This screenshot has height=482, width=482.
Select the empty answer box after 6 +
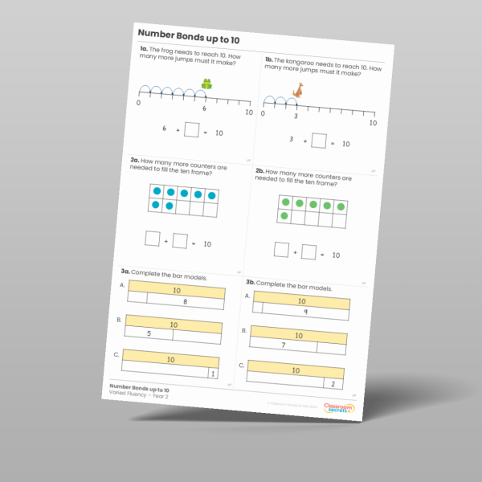pos(191,129)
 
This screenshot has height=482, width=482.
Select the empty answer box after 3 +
pos(319,141)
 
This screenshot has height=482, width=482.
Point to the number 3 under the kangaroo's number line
pos(296,116)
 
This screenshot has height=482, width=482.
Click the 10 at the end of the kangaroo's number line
pos(373,124)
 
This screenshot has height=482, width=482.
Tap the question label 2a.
pos(135,161)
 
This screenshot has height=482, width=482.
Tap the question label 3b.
pos(251,282)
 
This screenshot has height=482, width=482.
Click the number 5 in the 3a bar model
pos(149,333)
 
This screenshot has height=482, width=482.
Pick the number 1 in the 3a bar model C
pos(212,373)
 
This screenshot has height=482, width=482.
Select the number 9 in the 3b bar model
pos(306,312)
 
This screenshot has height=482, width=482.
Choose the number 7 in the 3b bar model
pos(283,345)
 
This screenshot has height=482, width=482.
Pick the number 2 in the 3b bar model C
pos(332,384)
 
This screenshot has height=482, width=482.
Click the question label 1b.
pos(268,60)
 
